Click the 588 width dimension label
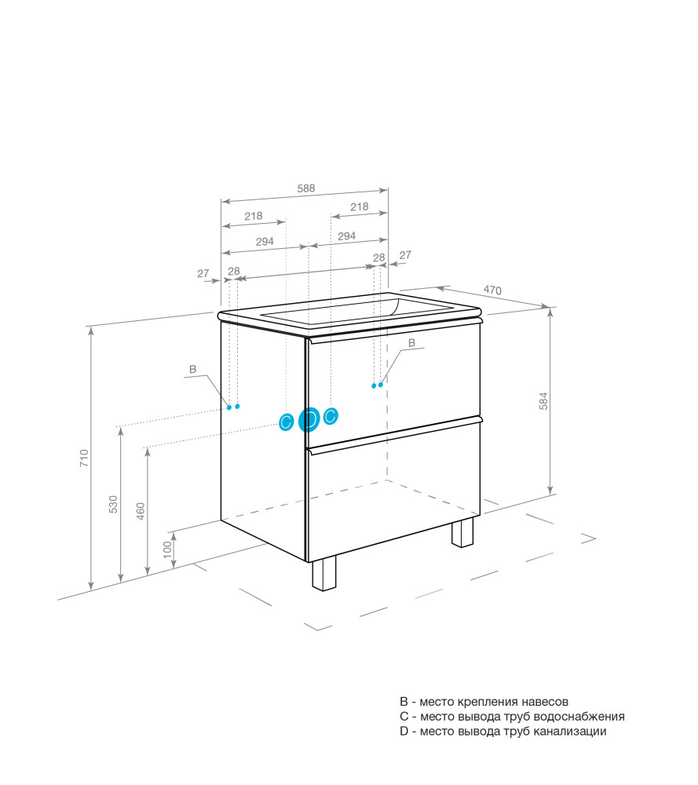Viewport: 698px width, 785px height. point(306,188)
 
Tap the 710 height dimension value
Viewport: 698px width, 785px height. point(84,458)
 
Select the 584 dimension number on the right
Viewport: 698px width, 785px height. point(543,401)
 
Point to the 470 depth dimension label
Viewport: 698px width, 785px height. point(492,290)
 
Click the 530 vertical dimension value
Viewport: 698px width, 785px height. point(113,504)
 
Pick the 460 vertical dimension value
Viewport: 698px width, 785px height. point(141,511)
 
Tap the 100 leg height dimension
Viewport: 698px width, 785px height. point(167,549)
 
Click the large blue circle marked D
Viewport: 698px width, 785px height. point(309,420)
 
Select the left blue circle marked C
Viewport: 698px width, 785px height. point(286,422)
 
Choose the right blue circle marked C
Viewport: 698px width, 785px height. point(331,415)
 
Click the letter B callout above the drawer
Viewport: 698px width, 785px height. point(411,343)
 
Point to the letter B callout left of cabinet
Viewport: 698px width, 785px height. point(193,370)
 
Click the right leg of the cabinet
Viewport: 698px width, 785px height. point(462,532)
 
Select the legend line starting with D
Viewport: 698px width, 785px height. point(502,732)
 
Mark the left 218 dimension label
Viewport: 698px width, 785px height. point(254,216)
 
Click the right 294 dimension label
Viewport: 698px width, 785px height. point(346,235)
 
